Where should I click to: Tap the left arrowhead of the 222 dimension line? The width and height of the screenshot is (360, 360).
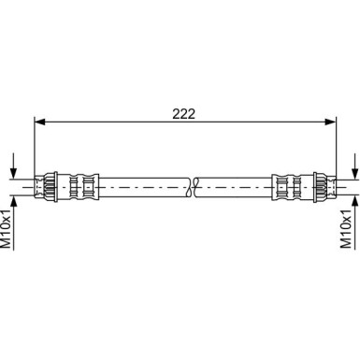coord(39,121)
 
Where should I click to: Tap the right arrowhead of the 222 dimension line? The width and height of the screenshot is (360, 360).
coord(329,121)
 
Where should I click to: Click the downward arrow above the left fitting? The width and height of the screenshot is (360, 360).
coord(13,171)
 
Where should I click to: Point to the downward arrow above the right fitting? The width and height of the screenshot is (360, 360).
coord(353,171)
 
